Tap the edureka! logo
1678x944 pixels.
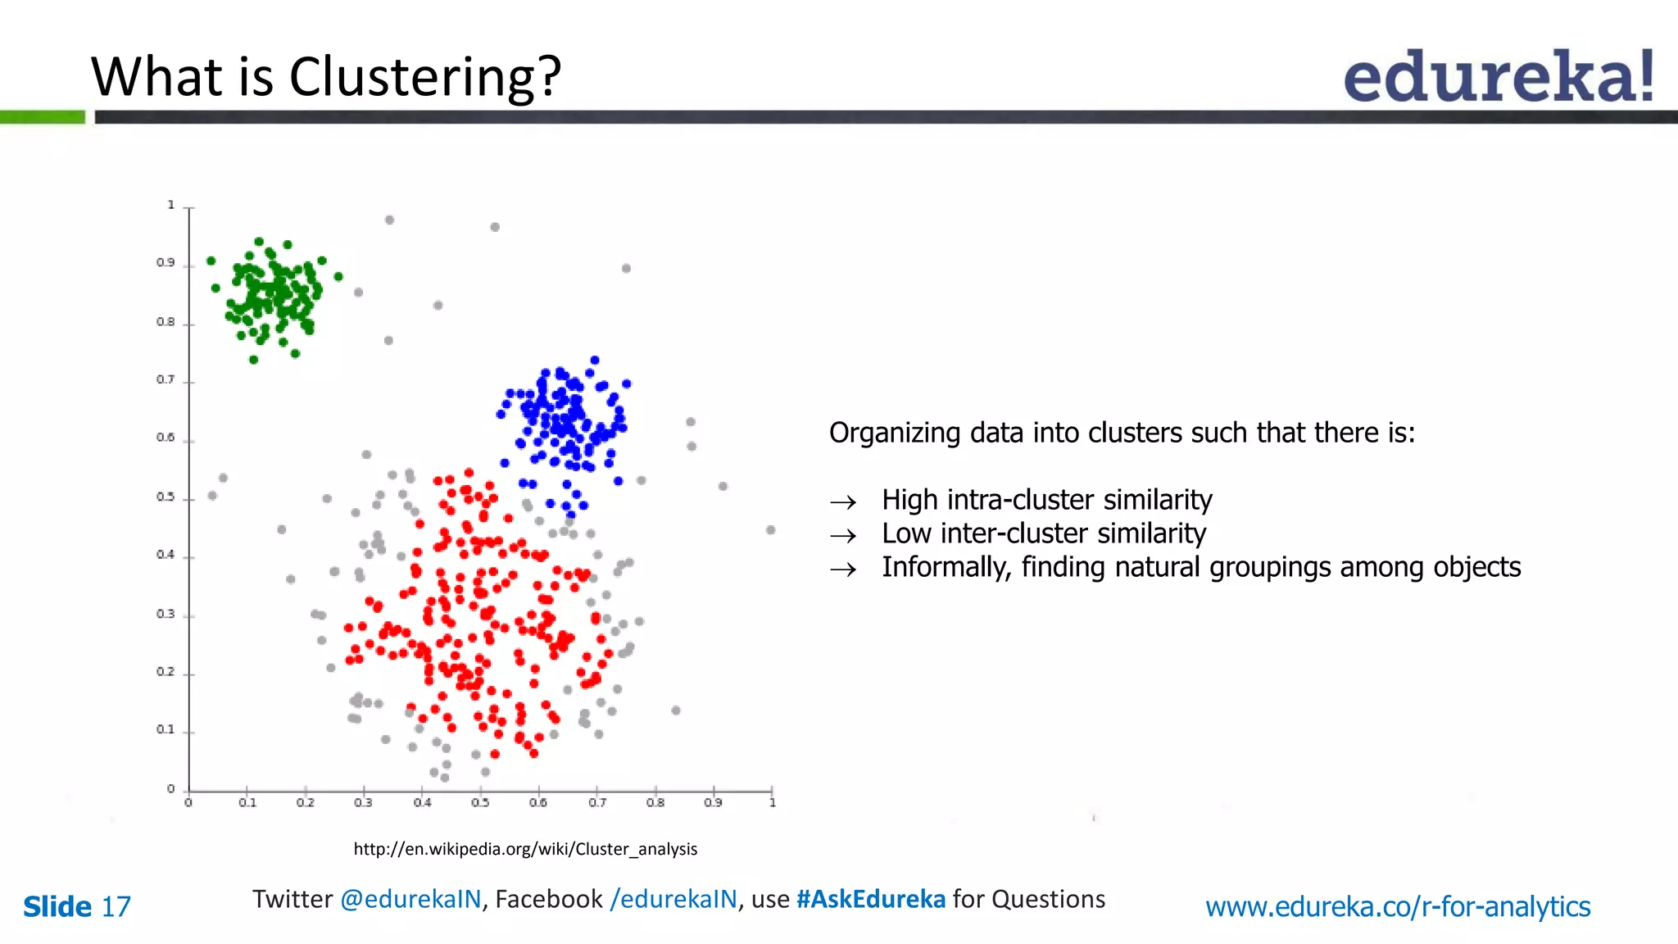coord(1499,76)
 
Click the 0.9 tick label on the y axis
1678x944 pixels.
coord(166,263)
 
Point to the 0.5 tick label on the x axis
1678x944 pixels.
coord(480,803)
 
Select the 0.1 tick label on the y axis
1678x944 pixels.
coord(166,729)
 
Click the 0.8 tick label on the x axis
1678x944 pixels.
coord(655,803)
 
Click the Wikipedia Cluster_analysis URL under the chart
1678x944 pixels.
coord(525,849)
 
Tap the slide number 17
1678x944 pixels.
coord(116,907)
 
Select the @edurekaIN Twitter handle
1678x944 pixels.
coord(410,899)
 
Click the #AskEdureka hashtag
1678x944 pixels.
coord(871,899)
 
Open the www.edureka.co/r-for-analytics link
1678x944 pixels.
coord(1398,907)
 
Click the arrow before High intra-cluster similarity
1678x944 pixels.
coord(843,501)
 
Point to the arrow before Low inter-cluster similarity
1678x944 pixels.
coord(843,536)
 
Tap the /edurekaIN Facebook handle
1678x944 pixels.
coord(673,899)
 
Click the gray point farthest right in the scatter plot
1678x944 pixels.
coord(770,530)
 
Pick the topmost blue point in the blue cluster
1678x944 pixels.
coord(595,361)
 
